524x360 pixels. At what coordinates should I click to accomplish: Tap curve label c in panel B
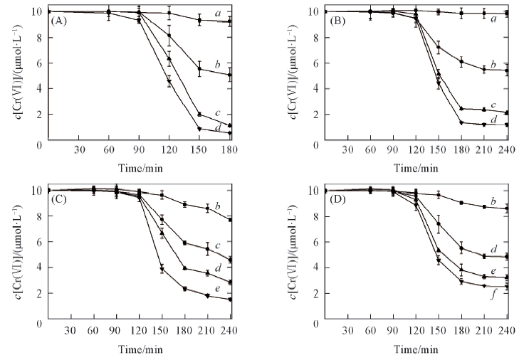tap(503, 105)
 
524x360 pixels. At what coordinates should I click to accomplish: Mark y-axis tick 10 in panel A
tap(37, 11)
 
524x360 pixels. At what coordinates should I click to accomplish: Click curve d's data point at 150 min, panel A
tap(200, 129)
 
